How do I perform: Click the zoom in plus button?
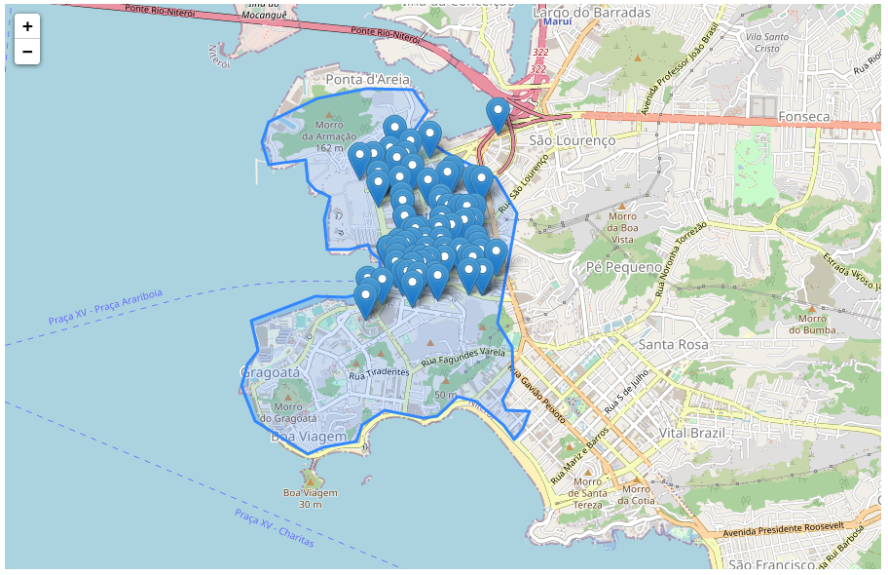click(x=27, y=26)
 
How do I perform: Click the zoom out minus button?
click(x=27, y=52)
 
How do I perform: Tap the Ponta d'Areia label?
click(x=368, y=78)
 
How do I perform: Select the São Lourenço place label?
click(x=573, y=140)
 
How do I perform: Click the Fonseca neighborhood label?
click(x=803, y=117)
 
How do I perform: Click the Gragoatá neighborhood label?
click(x=270, y=372)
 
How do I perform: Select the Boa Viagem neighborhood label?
click(x=308, y=438)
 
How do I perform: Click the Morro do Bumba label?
click(x=812, y=324)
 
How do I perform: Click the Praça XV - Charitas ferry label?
click(x=268, y=526)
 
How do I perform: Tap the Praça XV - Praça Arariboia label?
click(x=106, y=307)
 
